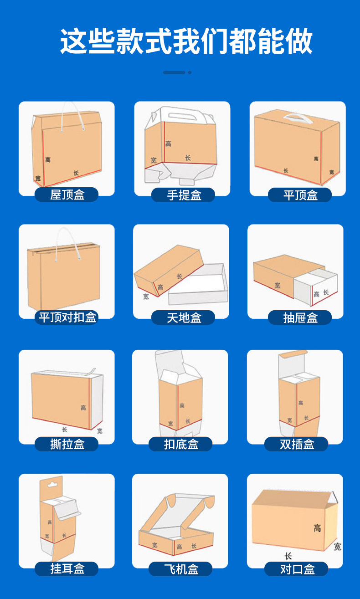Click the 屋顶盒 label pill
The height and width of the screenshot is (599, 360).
[67, 195]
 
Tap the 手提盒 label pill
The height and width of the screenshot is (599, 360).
[183, 195]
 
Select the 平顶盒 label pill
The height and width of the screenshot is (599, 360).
[300, 195]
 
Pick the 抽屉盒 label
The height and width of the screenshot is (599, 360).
[300, 317]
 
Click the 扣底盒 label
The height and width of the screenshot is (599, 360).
[180, 444]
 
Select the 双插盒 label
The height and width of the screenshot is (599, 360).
[296, 444]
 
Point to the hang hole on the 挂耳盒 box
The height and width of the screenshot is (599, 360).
[52, 484]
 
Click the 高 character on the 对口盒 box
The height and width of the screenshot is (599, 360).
[317, 528]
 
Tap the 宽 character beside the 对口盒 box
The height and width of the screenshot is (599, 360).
[337, 547]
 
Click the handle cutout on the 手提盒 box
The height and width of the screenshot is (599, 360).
[183, 116]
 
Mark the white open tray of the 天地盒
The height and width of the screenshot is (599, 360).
[198, 284]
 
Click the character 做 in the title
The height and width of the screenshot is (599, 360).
[299, 41]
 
